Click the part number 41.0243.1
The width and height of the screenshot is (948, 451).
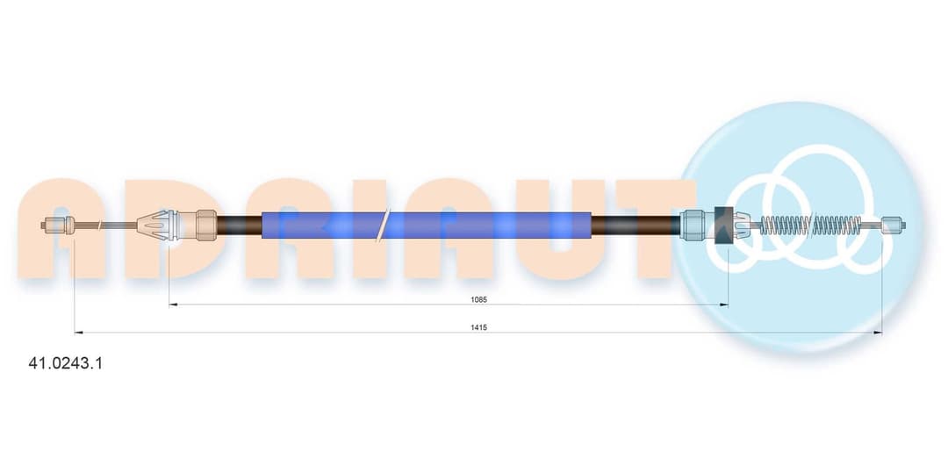pyautogui.click(x=65, y=363)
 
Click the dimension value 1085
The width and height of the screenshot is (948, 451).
pyautogui.click(x=479, y=299)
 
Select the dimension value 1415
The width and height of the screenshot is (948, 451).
pyautogui.click(x=479, y=327)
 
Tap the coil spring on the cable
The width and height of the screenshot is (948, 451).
pyautogui.click(x=810, y=225)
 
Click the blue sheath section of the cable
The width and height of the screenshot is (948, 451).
pyautogui.click(x=427, y=225)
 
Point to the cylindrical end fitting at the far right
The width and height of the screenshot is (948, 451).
pyautogui.click(x=894, y=225)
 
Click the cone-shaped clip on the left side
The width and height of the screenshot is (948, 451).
pyautogui.click(x=154, y=225)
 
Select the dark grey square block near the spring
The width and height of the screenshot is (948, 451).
pyautogui.click(x=723, y=225)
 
